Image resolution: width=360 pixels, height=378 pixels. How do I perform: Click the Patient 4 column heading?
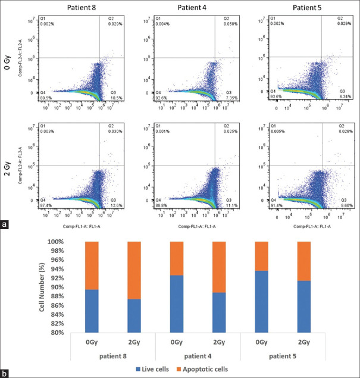point(192,7)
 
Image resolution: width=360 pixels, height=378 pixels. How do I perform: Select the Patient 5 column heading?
point(305,7)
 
